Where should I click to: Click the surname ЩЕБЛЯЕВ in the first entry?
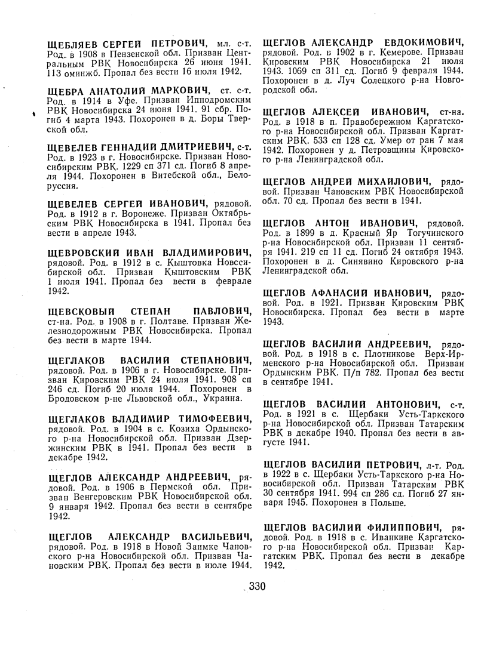pos(71,43)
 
